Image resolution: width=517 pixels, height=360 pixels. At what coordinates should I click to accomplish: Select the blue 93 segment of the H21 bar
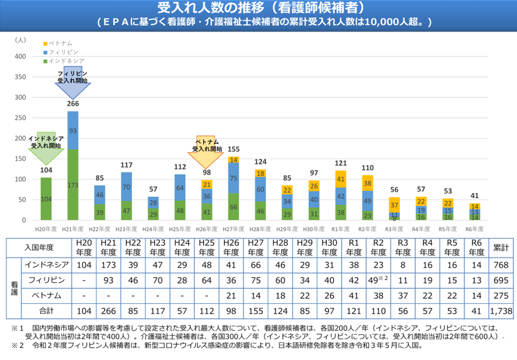[x=73, y=130]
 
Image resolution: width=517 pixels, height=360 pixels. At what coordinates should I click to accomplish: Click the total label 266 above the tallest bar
[x=73, y=104]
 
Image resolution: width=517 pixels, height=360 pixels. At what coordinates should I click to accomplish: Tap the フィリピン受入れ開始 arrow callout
[x=73, y=81]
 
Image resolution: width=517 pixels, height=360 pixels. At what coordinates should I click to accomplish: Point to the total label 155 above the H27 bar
[x=233, y=149]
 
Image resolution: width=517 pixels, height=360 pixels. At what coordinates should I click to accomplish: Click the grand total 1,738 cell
[x=501, y=311]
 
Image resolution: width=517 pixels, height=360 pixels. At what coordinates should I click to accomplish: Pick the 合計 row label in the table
[x=45, y=311]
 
